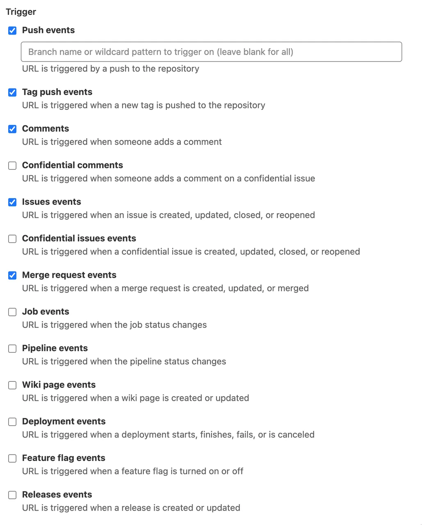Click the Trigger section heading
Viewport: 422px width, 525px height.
21,12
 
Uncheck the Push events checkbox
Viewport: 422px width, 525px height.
12,31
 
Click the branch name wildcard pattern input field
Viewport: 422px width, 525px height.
211,52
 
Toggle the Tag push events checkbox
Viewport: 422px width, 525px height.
12,92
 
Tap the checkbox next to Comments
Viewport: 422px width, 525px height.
12,129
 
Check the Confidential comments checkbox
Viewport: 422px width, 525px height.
12,166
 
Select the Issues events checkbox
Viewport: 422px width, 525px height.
12,202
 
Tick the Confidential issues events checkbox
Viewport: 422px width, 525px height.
12,239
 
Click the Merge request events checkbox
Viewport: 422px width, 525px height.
12,275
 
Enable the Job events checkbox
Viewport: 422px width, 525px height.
12,312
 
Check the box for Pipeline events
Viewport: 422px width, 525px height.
12,349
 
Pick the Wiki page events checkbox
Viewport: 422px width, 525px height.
12,385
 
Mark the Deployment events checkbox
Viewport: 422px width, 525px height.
12,422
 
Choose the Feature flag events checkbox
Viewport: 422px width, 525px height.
12,459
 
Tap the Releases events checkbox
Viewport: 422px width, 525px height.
12,495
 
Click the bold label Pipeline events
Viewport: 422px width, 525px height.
55,348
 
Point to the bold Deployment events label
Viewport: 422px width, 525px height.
64,421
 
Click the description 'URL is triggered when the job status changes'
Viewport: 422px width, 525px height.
114,325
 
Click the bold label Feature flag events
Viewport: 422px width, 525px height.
64,458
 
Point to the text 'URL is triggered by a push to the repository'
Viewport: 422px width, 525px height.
111,68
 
